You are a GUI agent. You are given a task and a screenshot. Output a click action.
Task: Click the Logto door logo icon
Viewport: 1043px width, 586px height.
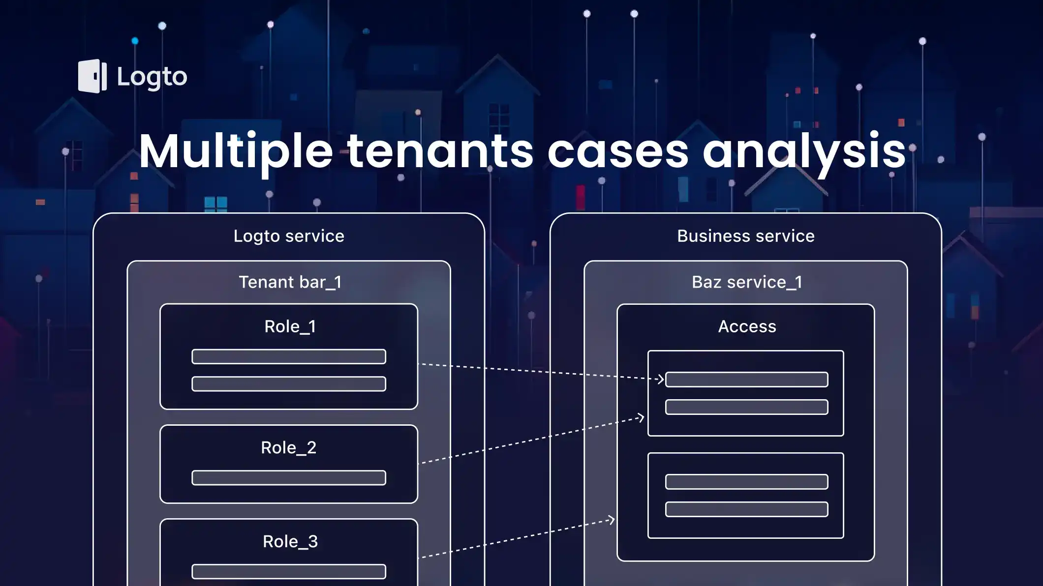[92, 76]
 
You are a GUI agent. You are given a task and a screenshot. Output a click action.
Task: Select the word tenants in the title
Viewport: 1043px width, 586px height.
[440, 151]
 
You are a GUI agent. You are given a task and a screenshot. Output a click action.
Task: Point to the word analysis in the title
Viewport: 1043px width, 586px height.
[804, 151]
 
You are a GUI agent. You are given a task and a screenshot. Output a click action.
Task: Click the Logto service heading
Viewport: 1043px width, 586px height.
[289, 236]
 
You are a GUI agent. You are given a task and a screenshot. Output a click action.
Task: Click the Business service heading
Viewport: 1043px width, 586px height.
[745, 236]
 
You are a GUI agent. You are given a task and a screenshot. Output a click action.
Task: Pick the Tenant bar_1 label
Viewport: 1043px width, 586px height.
[290, 282]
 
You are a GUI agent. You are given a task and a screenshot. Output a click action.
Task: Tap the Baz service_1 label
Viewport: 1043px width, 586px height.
[746, 282]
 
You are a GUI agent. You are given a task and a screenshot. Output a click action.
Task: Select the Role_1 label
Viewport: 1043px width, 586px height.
[290, 326]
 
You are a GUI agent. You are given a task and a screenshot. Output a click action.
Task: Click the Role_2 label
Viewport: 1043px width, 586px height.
[288, 447]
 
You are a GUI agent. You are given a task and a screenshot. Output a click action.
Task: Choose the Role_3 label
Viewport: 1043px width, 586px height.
[290, 541]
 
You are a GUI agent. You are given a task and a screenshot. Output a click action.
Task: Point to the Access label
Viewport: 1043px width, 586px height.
[747, 326]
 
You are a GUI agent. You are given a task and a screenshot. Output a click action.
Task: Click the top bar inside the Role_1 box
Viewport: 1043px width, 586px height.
[289, 356]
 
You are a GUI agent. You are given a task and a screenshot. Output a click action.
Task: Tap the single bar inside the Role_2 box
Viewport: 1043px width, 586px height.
[289, 478]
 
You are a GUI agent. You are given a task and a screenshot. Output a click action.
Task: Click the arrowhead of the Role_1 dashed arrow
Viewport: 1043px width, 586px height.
[661, 379]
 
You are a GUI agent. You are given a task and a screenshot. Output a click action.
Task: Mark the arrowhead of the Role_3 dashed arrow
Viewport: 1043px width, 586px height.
[612, 520]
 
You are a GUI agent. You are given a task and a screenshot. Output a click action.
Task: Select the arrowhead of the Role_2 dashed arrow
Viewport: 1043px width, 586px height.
[641, 418]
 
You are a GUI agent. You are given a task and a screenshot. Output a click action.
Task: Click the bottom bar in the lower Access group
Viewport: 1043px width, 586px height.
[746, 509]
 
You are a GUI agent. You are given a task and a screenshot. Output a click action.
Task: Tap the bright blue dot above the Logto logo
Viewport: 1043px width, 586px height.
[135, 41]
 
